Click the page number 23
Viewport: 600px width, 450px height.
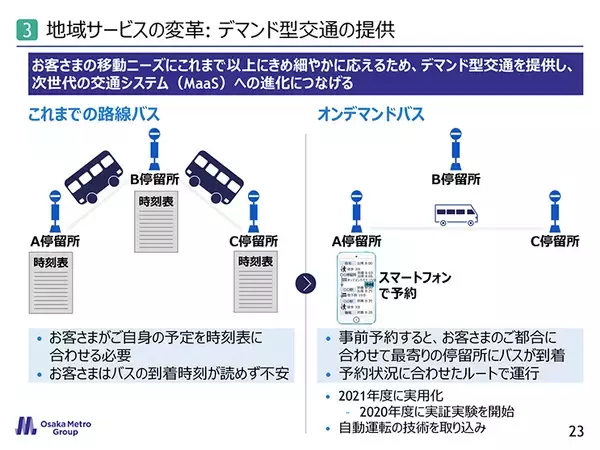pyautogui.click(x=575, y=431)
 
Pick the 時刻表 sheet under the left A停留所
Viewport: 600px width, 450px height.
pyautogui.click(x=52, y=285)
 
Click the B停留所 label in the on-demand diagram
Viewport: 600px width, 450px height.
pyautogui.click(x=458, y=180)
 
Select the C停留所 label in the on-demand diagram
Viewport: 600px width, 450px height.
pyautogui.click(x=557, y=241)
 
